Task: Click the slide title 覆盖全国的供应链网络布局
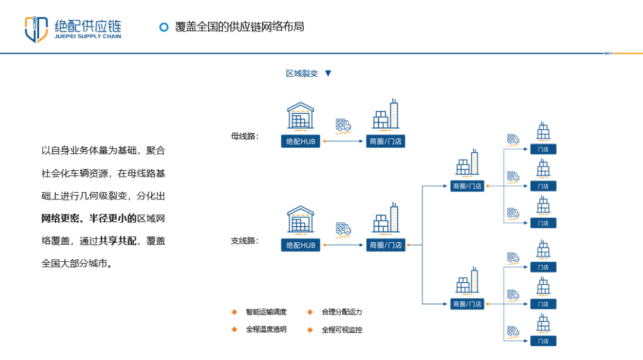pyautogui.click(x=239, y=27)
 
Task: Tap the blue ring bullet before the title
pyautogui.click(x=164, y=27)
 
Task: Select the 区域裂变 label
pyautogui.click(x=302, y=74)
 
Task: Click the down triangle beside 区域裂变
pyautogui.click(x=327, y=74)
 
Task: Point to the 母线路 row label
pyautogui.click(x=245, y=136)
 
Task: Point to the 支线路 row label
pyautogui.click(x=245, y=241)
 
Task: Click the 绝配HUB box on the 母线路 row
pyautogui.click(x=301, y=142)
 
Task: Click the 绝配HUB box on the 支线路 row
pyautogui.click(x=301, y=245)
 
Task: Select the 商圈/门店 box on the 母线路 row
pyautogui.click(x=386, y=142)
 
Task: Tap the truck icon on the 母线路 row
pyautogui.click(x=344, y=125)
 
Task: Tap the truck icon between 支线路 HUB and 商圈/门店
pyautogui.click(x=344, y=228)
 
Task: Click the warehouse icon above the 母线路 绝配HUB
pyautogui.click(x=301, y=116)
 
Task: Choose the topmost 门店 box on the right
pyautogui.click(x=543, y=149)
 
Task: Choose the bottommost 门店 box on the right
pyautogui.click(x=543, y=341)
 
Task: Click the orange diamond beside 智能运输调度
pyautogui.click(x=235, y=312)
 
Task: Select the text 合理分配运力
pyautogui.click(x=342, y=312)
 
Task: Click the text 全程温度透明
pyautogui.click(x=266, y=329)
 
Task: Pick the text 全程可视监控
pyautogui.click(x=342, y=329)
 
